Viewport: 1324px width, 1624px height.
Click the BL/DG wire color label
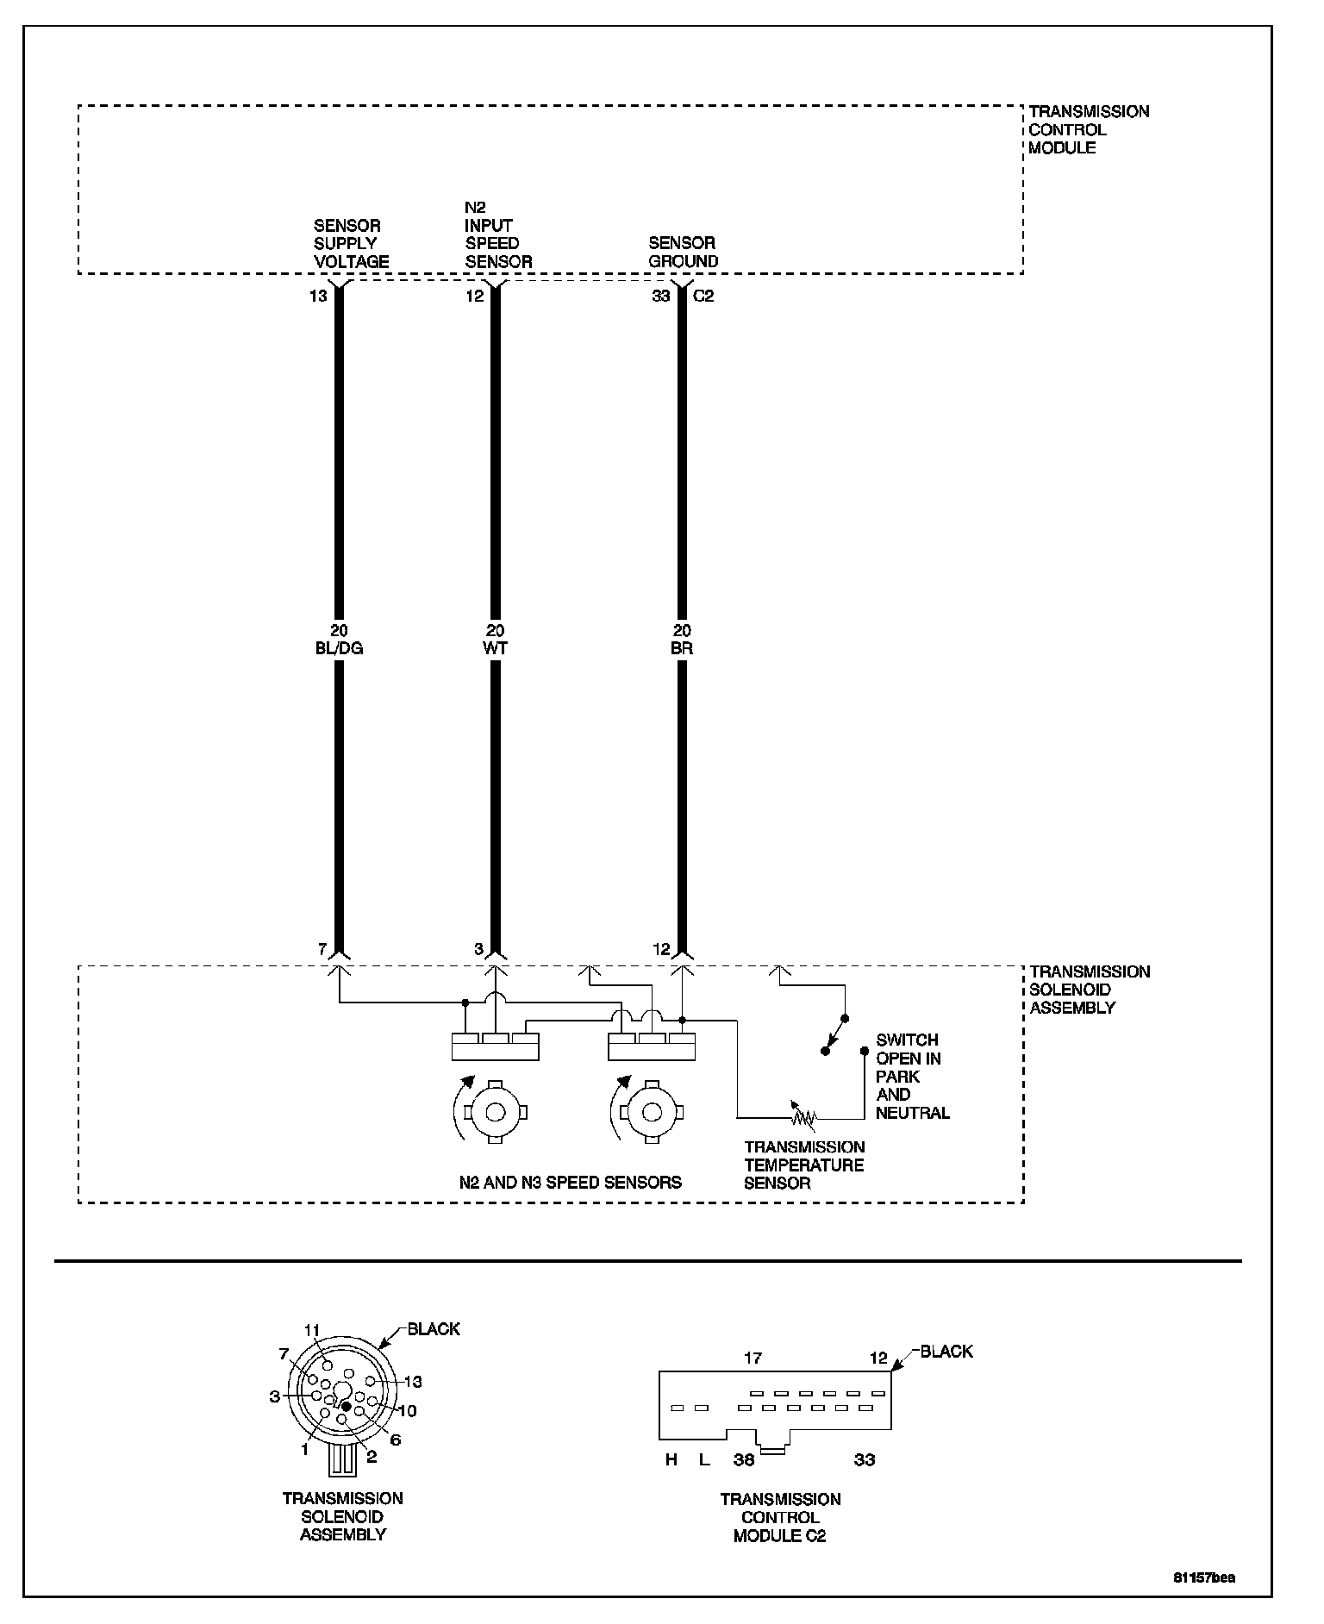[339, 648]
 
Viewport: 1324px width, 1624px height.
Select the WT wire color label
[496, 648]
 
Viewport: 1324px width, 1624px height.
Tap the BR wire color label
[682, 648]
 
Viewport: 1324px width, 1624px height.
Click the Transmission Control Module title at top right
[1089, 129]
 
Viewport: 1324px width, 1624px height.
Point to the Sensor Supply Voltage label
[351, 243]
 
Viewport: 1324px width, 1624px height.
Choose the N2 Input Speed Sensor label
[498, 234]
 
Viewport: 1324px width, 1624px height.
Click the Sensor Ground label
[683, 252]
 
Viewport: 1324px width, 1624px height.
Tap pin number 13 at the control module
[318, 296]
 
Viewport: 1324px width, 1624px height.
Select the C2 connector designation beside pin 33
[703, 296]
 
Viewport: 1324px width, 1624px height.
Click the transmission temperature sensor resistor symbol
[803, 1117]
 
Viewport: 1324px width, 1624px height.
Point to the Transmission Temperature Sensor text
[804, 1165]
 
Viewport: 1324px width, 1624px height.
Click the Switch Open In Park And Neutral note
[912, 1076]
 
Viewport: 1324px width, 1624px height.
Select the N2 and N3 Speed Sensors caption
[570, 1182]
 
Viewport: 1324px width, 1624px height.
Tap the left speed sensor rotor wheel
[495, 1112]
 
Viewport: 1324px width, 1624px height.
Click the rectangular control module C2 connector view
[775, 1406]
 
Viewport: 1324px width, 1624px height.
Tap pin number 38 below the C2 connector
[744, 1459]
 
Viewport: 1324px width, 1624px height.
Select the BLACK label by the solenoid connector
[434, 1328]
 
